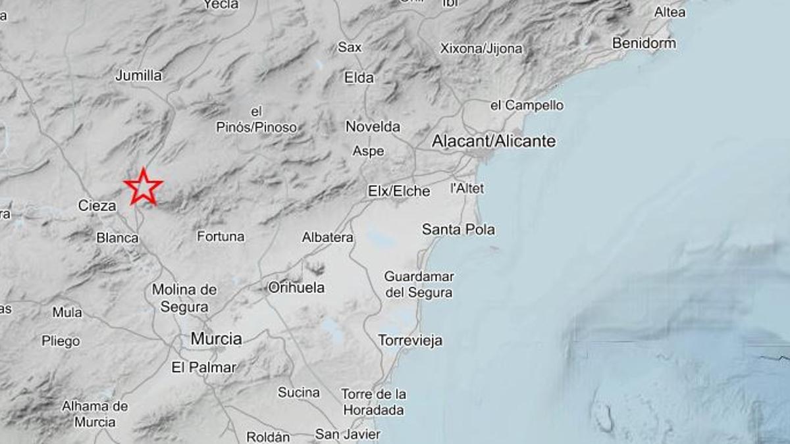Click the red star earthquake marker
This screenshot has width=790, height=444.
(143, 187)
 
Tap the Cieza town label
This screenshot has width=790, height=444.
(97, 206)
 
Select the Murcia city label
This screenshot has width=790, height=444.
(216, 339)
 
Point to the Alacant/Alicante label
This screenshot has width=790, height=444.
(494, 141)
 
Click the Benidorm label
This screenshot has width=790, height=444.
(644, 43)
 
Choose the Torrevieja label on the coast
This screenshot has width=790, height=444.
(410, 341)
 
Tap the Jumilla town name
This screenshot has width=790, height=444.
(138, 76)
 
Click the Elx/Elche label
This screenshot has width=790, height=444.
(399, 191)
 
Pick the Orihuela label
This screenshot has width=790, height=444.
(296, 287)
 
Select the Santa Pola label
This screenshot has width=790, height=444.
(458, 230)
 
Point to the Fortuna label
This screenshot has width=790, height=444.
(221, 236)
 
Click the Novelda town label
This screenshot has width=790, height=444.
(373, 126)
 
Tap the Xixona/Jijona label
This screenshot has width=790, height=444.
(481, 49)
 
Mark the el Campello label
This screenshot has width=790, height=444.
(527, 105)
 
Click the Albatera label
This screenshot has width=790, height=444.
(327, 237)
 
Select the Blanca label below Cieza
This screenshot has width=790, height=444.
(117, 237)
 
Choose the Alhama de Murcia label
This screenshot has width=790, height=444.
(95, 414)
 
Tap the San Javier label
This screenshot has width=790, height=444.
(347, 434)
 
